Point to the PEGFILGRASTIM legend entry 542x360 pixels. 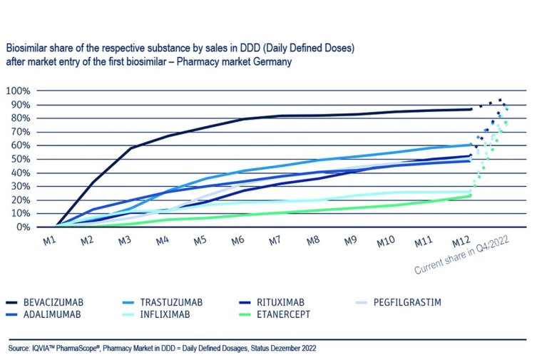click(x=408, y=302)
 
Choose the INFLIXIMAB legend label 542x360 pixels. click(x=171, y=314)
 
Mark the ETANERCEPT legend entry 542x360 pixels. click(x=285, y=314)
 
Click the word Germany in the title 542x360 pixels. click(x=272, y=62)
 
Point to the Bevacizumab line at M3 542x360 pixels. click(x=131, y=148)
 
